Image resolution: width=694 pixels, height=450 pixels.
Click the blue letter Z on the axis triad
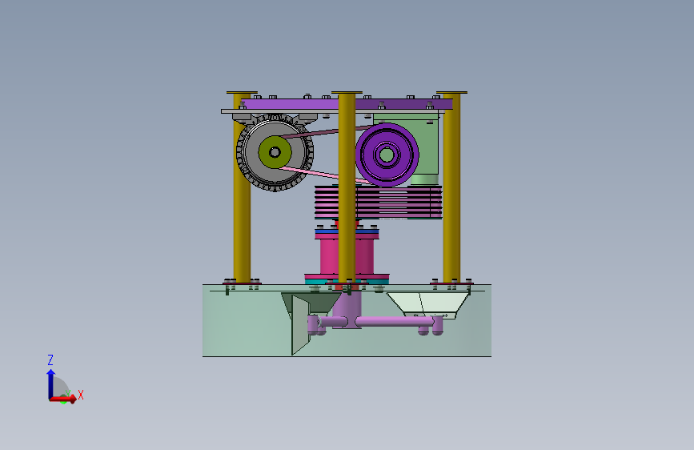(x=50, y=360)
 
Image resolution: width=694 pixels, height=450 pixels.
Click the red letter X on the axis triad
(x=81, y=395)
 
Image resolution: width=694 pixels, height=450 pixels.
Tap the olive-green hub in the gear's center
(x=275, y=152)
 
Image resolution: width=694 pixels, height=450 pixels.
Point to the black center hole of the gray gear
(x=275, y=152)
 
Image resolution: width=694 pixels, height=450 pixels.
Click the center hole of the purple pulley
(x=387, y=155)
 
